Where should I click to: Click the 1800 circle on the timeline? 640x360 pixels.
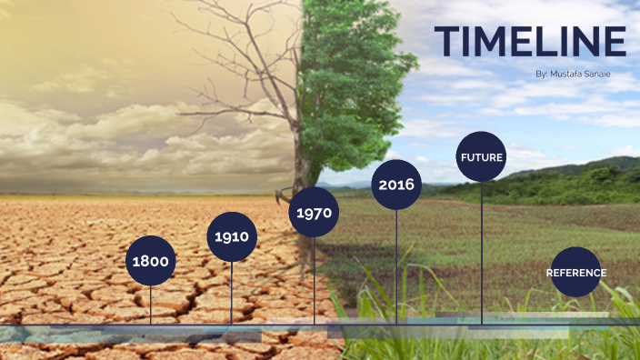point(151,261)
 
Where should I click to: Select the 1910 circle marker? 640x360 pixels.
point(232,236)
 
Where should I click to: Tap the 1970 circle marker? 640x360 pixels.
point(315,215)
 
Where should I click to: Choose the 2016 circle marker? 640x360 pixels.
point(396,185)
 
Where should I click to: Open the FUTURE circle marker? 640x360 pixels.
point(481,157)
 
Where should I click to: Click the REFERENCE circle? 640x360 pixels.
point(575,273)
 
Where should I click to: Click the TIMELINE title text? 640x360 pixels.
point(530,42)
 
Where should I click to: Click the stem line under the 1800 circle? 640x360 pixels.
point(151,305)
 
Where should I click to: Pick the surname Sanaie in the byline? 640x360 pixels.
point(598,74)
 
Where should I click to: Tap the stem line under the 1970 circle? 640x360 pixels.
point(315,282)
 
